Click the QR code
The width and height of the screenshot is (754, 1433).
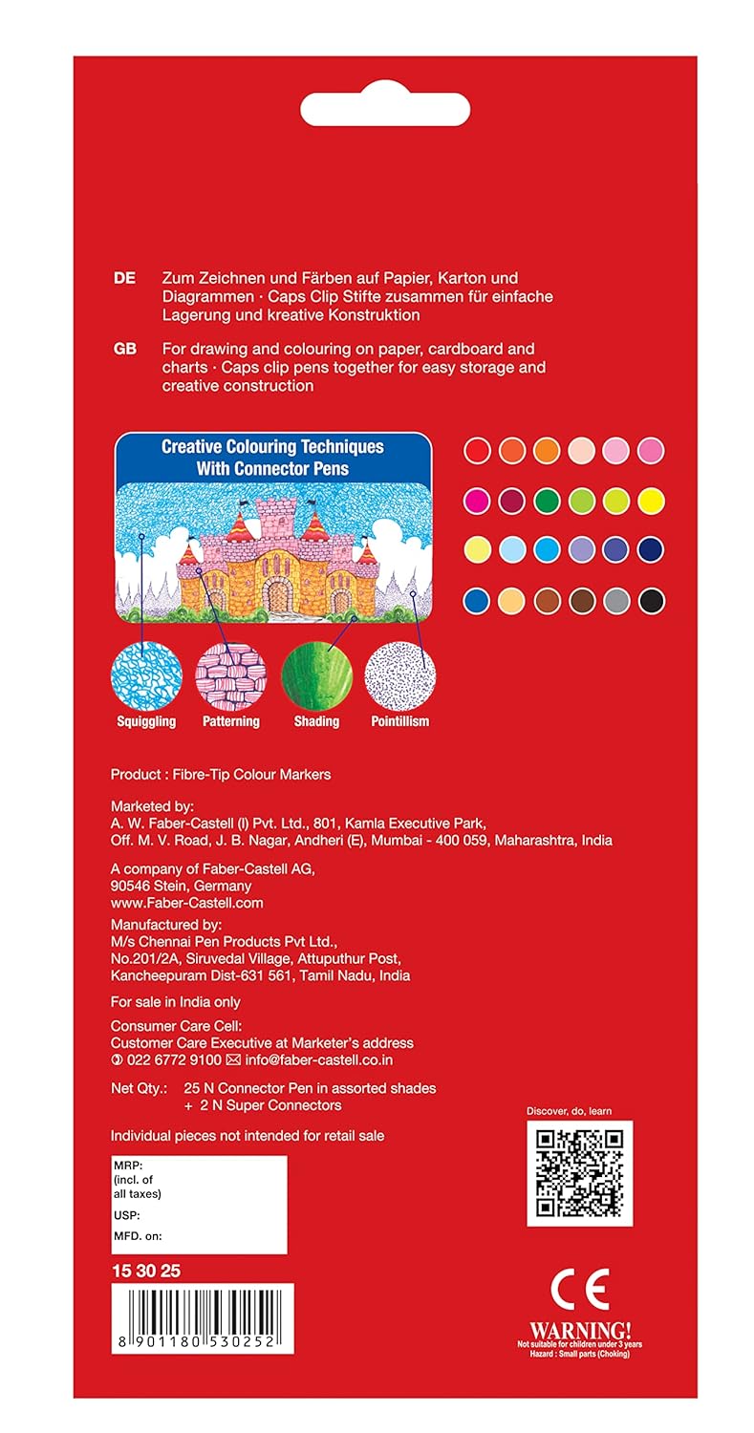[x=579, y=1172]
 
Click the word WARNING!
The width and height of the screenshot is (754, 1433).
[x=580, y=1330]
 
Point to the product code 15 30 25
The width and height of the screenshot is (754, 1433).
[x=145, y=1271]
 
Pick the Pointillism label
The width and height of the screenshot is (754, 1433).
[x=399, y=721]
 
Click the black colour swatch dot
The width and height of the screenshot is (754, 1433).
[x=652, y=601]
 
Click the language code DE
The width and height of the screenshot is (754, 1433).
[x=124, y=279]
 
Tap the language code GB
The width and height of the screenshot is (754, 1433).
[x=125, y=350]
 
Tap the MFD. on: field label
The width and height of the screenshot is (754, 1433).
[x=138, y=1236]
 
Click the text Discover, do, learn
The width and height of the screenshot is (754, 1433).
[x=570, y=1111]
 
